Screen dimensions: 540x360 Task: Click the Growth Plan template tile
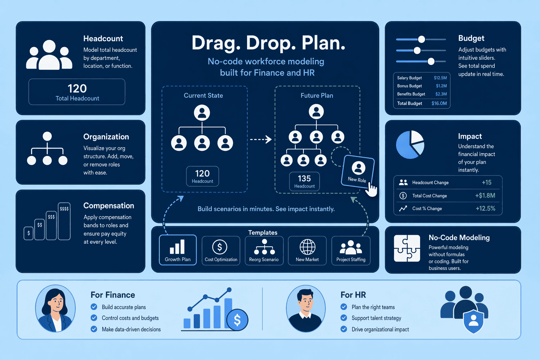(178, 250)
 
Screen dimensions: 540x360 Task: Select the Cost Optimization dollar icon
(219, 247)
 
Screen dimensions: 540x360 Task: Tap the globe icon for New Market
(307, 247)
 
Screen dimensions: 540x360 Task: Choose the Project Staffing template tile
(351, 251)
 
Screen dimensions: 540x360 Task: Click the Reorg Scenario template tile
(264, 251)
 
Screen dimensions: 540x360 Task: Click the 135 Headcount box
(304, 181)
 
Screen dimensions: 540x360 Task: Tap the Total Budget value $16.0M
(439, 103)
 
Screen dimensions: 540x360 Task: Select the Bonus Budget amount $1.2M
(441, 86)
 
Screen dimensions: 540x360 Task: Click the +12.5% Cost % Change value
(485, 208)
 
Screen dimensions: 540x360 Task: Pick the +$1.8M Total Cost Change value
(485, 195)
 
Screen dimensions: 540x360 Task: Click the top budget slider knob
(422, 39)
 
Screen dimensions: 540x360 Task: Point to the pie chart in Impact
(410, 145)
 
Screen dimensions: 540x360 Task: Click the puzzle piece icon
(407, 248)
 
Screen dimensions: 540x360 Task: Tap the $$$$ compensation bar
(64, 221)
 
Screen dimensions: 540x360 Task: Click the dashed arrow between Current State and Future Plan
(261, 139)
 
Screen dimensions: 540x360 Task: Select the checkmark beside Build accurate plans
(94, 307)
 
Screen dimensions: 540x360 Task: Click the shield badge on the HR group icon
(474, 321)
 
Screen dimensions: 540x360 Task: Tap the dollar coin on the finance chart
(237, 320)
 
